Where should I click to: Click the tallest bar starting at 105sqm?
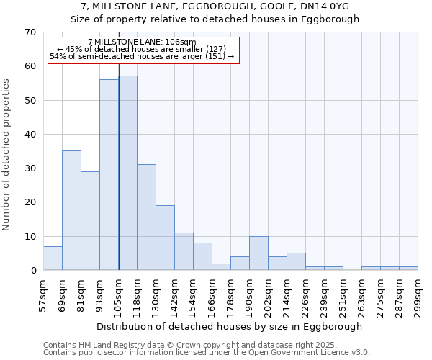[127, 173]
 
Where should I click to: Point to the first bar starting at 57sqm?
[53, 258]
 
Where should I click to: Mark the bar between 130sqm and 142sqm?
[165, 238]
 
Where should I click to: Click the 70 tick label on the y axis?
[30, 32]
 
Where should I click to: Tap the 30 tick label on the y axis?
[30, 168]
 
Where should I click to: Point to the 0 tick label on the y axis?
[32, 271]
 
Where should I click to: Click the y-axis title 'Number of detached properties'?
[7, 155]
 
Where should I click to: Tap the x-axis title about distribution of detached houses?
[230, 326]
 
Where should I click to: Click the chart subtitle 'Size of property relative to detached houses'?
[215, 19]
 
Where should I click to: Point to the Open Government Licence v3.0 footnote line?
[207, 353]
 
